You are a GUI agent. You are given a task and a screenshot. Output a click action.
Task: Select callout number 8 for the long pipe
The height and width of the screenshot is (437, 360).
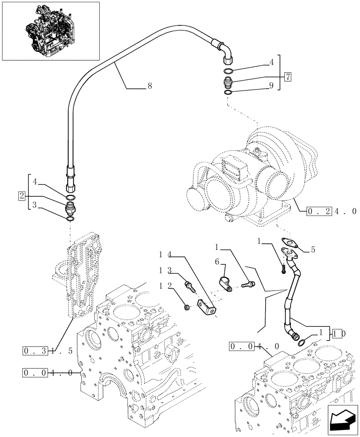pos(149,87)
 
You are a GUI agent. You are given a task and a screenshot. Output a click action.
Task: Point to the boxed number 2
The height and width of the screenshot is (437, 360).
pos(21,195)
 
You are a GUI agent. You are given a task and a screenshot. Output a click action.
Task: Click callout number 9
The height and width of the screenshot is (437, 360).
pos(271,87)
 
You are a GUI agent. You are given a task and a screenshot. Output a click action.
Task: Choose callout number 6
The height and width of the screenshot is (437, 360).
pos(217,261)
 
